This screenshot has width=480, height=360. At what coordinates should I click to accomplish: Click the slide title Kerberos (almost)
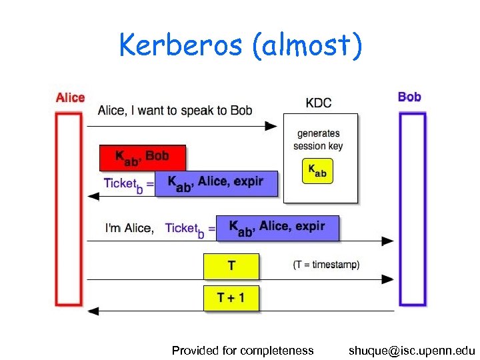[241, 45]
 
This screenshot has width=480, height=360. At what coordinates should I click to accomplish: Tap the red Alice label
[70, 98]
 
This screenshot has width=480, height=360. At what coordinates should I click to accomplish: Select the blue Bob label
[409, 97]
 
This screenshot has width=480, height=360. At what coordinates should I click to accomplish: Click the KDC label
[319, 103]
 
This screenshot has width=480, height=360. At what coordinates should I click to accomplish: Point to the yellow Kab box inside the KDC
[317, 171]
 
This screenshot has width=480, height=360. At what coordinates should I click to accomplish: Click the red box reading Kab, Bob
[143, 157]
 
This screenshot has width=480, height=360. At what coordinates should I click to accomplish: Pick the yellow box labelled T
[231, 266]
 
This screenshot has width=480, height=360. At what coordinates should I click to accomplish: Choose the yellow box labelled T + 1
[231, 298]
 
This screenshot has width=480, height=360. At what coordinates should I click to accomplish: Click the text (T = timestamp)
[326, 265]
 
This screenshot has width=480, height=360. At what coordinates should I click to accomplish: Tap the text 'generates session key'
[318, 140]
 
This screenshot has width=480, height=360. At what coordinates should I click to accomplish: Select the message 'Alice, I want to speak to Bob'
[175, 111]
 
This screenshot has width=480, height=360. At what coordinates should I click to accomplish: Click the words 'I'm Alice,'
[129, 228]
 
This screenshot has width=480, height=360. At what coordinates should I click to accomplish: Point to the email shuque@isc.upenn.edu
[411, 350]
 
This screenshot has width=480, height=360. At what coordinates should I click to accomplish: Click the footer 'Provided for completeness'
[243, 350]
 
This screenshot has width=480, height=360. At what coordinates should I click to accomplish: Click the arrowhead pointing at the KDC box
[271, 125]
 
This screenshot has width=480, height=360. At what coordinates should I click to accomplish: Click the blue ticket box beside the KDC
[216, 183]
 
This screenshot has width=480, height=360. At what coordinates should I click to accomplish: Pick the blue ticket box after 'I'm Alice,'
[277, 228]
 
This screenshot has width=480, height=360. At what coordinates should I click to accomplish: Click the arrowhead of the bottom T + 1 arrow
[94, 311]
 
